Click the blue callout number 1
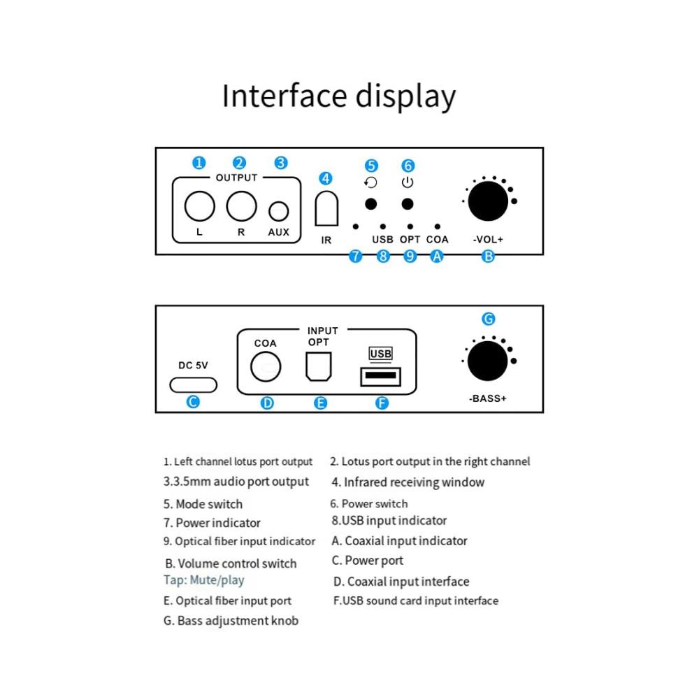click(x=199, y=163)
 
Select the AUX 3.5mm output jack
click(x=279, y=210)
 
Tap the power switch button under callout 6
click(x=407, y=203)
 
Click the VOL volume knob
click(x=488, y=201)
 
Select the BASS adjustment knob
click(x=488, y=361)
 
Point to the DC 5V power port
click(x=194, y=384)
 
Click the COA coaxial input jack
click(x=266, y=366)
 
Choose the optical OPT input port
click(x=318, y=366)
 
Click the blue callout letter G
click(x=489, y=319)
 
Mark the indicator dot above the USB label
click(x=382, y=226)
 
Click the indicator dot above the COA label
click(x=437, y=226)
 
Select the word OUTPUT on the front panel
click(x=236, y=178)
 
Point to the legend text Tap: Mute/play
click(x=204, y=580)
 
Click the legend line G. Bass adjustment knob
click(x=231, y=621)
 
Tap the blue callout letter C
click(x=194, y=402)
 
